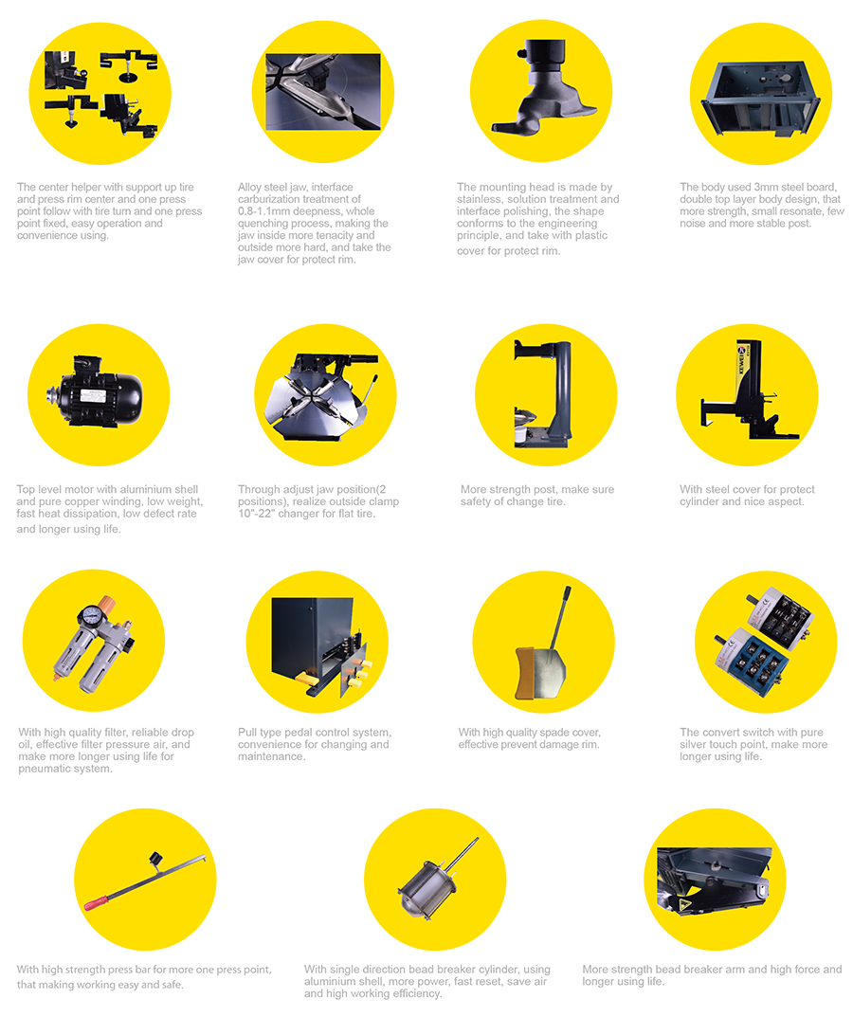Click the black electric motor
[x=98, y=391]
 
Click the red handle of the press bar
[x=96, y=903]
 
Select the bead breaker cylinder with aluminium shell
[x=428, y=883]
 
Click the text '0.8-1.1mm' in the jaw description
[x=263, y=211]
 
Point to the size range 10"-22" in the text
[x=256, y=514]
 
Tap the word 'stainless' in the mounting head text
[x=478, y=200]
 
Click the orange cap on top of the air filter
[x=106, y=603]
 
